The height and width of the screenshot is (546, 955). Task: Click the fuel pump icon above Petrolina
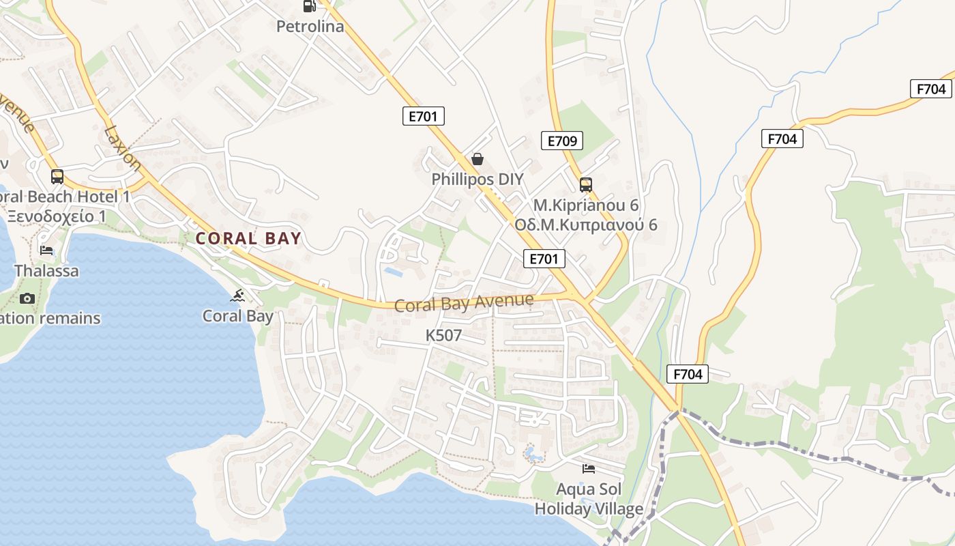(309, 6)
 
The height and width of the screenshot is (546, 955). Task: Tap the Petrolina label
(310, 27)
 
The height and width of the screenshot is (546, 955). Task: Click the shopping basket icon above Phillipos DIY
(477, 159)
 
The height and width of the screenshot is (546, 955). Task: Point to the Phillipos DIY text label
(477, 179)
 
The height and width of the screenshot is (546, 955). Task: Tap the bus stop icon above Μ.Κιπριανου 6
(585, 184)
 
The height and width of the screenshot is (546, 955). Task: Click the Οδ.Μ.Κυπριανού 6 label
(586, 225)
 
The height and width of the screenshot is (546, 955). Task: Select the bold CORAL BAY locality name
(248, 238)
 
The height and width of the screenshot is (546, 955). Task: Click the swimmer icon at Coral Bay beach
(237, 296)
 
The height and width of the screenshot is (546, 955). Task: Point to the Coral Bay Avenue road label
(464, 302)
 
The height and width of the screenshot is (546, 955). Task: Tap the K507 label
(443, 335)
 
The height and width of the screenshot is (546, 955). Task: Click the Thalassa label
(46, 271)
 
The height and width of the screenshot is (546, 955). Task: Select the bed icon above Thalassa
(46, 250)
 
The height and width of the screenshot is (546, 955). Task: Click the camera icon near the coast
(27, 298)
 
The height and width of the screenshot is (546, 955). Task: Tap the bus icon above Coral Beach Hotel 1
(57, 177)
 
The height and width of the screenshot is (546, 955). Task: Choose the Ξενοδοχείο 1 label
(57, 216)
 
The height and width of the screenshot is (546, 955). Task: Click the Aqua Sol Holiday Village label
(589, 499)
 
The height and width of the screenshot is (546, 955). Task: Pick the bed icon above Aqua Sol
(589, 468)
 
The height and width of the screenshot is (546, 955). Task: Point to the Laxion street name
(123, 147)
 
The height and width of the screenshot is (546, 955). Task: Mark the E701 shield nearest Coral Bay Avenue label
(544, 258)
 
